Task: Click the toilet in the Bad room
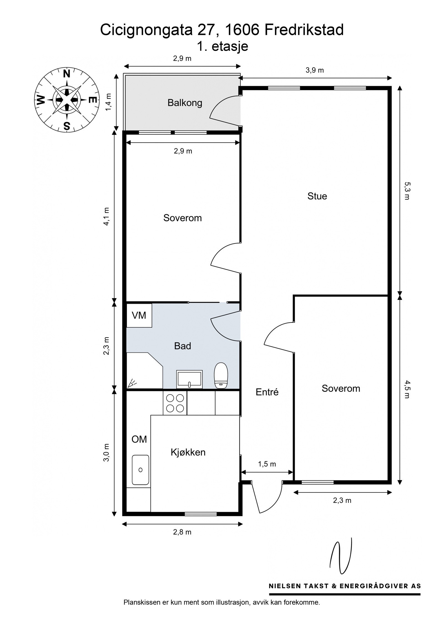click(221, 375)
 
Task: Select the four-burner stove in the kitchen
click(175, 403)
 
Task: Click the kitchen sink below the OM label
click(140, 470)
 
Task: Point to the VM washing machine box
click(139, 315)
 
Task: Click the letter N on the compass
click(67, 74)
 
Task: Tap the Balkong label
click(185, 103)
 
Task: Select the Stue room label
click(317, 196)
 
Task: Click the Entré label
click(267, 392)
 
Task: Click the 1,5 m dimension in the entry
click(267, 464)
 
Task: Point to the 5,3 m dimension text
click(407, 191)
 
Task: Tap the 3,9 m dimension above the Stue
click(315, 70)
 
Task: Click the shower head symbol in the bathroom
click(132, 383)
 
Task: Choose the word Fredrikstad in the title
click(304, 30)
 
